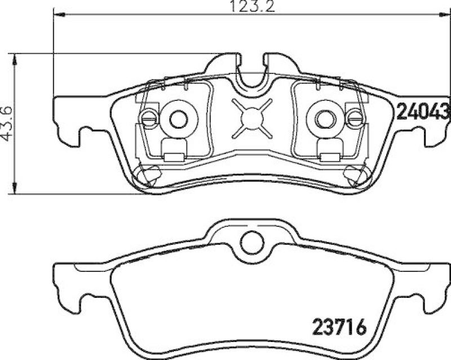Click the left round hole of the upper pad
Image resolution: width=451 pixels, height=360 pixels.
[178, 118]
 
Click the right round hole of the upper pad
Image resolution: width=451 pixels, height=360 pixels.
[324, 118]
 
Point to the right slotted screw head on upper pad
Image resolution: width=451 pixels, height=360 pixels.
[355, 118]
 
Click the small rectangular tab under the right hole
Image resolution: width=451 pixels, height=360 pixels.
[330, 147]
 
